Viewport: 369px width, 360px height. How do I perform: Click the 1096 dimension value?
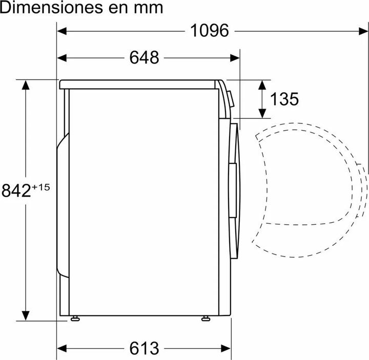point(209,31)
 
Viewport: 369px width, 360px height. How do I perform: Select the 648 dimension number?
point(144,57)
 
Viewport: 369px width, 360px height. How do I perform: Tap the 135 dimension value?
point(284,99)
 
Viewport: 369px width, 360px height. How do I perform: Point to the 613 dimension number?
point(144,348)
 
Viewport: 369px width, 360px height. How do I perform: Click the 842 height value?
point(16,190)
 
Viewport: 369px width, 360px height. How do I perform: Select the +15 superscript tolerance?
point(40,187)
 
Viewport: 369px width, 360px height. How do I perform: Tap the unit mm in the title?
point(148,9)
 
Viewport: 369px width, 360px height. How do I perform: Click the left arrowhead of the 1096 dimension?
point(61,31)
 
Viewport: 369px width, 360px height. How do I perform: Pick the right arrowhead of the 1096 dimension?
point(363,31)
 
